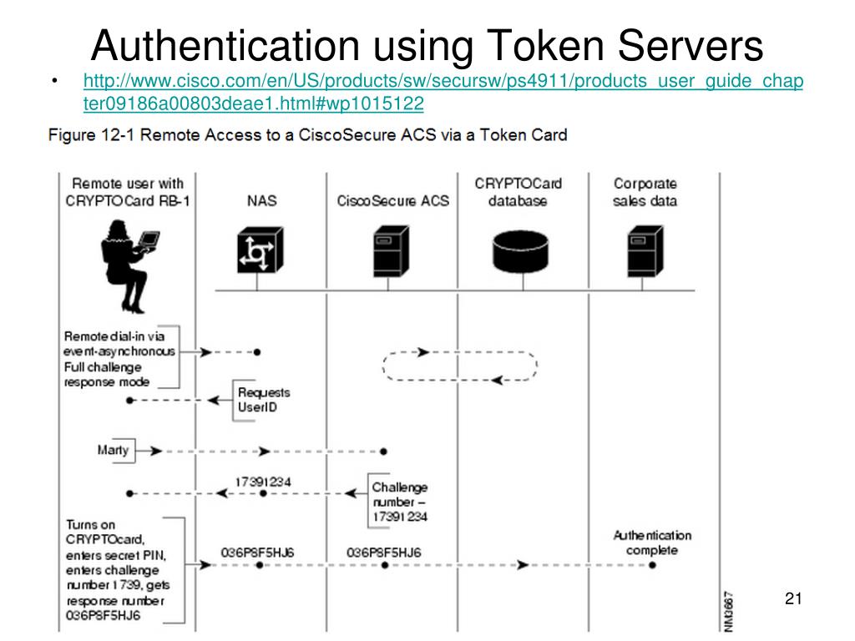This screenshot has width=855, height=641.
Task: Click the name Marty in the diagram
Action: pos(113,450)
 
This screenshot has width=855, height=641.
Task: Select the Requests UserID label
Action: pos(263,399)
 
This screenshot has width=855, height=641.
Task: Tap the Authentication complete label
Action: pos(652,543)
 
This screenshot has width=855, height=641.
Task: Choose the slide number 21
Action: pos(793,598)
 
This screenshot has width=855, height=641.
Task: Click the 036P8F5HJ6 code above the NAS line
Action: pos(257,553)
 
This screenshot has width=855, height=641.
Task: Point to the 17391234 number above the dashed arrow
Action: pos(262,482)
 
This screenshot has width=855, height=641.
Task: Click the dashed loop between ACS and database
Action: pos(460,366)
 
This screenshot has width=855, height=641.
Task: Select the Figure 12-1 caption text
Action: pos(307,134)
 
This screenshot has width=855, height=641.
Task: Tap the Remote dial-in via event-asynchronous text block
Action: pos(119,359)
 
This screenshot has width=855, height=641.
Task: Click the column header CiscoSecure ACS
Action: pos(392,201)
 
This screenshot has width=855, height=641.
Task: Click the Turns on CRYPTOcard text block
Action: pos(118,570)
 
